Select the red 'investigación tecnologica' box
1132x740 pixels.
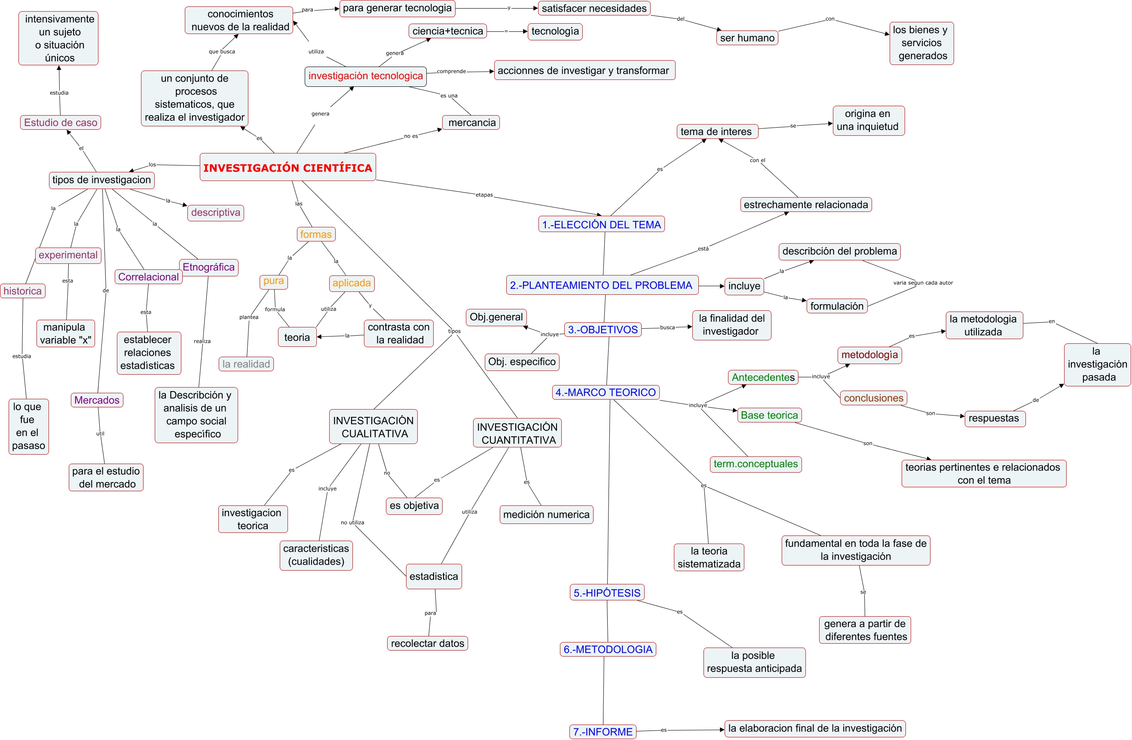click(365, 76)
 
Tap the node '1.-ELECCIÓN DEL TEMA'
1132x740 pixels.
click(601, 224)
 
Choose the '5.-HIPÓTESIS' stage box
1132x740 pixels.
click(607, 593)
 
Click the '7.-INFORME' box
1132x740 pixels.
click(603, 731)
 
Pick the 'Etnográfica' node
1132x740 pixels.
click(208, 267)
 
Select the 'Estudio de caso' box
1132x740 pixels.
click(61, 123)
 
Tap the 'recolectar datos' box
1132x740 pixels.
click(427, 643)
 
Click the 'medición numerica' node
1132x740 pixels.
click(546, 514)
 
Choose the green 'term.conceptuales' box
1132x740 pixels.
click(756, 464)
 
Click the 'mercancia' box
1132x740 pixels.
click(471, 123)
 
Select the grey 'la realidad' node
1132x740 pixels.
click(246, 364)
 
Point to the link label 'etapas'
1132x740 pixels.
click(484, 195)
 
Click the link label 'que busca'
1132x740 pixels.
click(222, 52)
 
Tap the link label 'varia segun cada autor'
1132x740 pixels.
click(923, 283)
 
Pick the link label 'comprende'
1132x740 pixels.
click(451, 72)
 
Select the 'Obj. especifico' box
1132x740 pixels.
click(522, 362)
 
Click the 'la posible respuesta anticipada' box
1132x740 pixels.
click(754, 663)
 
